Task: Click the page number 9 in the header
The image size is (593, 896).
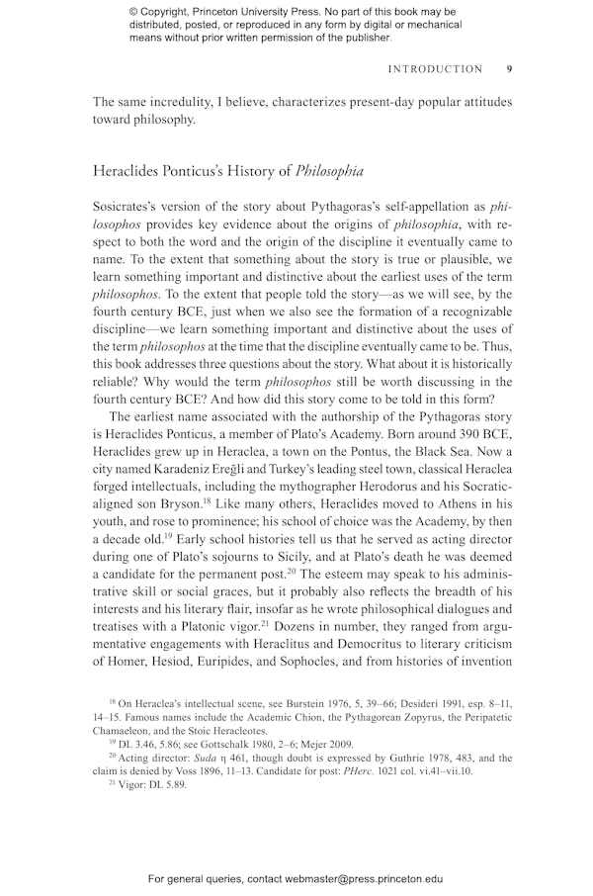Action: click(x=509, y=69)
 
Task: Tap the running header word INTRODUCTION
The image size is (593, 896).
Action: click(x=435, y=69)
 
